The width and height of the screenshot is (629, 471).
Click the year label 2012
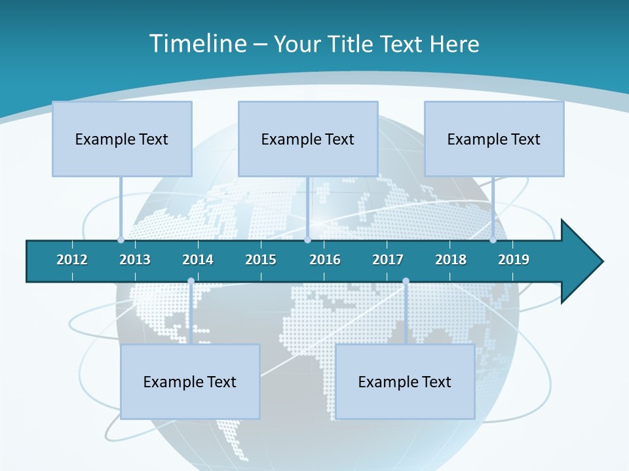tap(72, 260)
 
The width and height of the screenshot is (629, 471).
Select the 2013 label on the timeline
tap(135, 260)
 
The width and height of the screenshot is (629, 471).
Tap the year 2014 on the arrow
tap(198, 260)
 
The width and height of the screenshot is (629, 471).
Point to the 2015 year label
tap(261, 260)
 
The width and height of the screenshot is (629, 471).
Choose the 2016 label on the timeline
tap(325, 260)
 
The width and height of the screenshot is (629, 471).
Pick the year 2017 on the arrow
tap(388, 260)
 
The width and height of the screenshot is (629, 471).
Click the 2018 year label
tap(451, 260)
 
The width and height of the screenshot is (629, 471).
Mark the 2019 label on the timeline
tap(514, 260)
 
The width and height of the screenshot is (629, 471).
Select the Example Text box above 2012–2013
tap(122, 139)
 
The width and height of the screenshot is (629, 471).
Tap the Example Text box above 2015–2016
tap(308, 139)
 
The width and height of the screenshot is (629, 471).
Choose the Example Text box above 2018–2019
tap(494, 139)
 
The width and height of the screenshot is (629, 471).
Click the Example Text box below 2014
tap(190, 381)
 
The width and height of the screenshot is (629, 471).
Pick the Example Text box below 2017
tap(405, 381)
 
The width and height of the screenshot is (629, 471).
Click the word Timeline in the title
tap(197, 44)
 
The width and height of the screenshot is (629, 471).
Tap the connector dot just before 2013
tap(121, 239)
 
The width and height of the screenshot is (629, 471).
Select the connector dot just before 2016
tap(307, 239)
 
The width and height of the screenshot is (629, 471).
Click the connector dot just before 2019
tap(493, 239)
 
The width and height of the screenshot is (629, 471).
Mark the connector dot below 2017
tap(406, 281)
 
